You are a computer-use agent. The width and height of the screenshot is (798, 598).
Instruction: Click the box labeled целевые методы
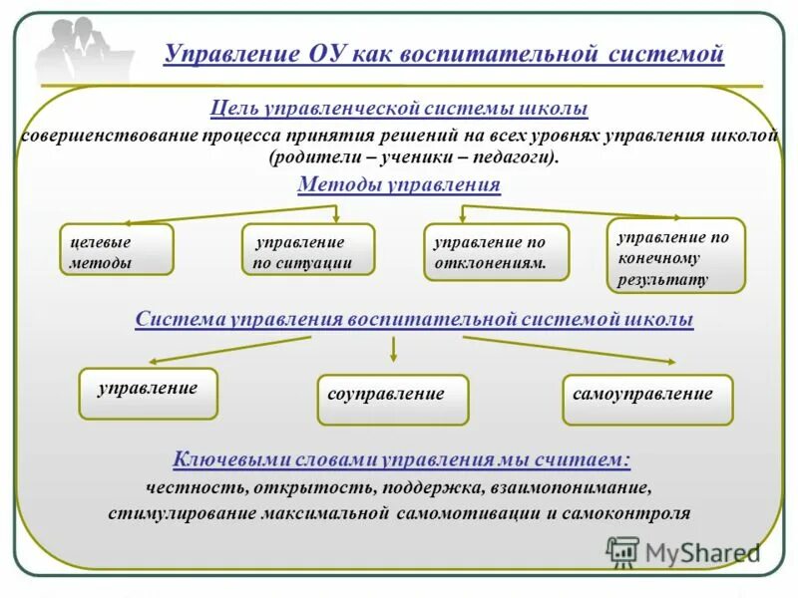(116, 249)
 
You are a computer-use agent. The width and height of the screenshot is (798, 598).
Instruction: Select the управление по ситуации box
(308, 249)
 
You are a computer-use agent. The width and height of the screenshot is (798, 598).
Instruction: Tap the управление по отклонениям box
(497, 251)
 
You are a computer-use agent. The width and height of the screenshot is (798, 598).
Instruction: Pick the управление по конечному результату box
(676, 255)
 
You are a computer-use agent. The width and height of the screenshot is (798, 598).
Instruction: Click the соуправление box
(392, 399)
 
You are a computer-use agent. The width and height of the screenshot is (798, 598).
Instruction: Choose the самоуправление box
(647, 399)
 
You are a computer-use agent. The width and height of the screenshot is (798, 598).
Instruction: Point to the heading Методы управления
(399, 184)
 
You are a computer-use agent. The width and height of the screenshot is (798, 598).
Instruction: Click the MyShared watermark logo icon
(622, 552)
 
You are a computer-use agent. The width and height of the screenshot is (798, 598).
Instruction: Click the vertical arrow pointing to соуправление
(395, 349)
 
